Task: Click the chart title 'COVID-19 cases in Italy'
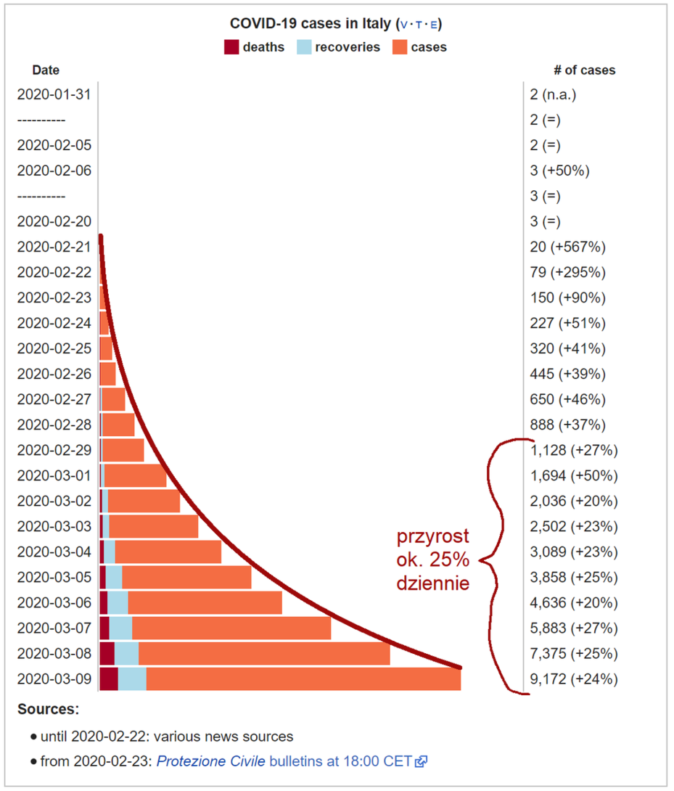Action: [x=311, y=24]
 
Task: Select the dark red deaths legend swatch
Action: [x=231, y=47]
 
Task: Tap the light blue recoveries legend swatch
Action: [x=304, y=47]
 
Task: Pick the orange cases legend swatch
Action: [x=400, y=47]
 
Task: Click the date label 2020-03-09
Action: [x=54, y=679]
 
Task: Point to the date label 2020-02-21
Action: [x=54, y=247]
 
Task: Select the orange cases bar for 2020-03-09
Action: [x=304, y=679]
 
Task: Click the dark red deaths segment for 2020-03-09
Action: [x=109, y=679]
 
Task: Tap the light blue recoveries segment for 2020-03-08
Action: [x=127, y=654]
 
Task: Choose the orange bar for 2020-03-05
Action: [x=186, y=578]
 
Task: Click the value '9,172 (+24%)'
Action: [x=574, y=679]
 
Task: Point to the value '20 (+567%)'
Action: [x=568, y=247]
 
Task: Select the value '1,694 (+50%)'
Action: [x=574, y=476]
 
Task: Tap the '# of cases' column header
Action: [x=585, y=70]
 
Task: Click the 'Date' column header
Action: [x=46, y=70]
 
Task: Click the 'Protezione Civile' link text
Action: [x=211, y=761]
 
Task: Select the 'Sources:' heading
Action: [x=49, y=709]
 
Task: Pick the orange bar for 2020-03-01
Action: [x=136, y=476]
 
